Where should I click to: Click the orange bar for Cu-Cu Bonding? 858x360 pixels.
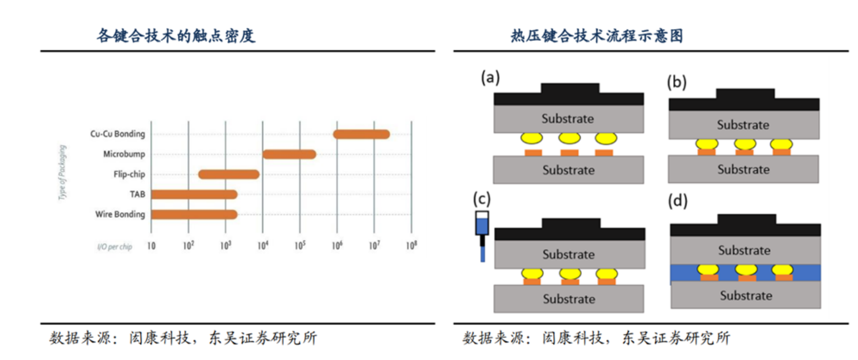click(x=361, y=134)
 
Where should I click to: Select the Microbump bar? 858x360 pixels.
click(x=289, y=154)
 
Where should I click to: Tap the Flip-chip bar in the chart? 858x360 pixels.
click(x=229, y=174)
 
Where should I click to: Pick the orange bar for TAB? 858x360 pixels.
click(x=194, y=195)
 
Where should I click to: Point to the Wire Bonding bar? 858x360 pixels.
click(x=194, y=214)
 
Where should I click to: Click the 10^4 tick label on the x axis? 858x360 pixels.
click(x=262, y=246)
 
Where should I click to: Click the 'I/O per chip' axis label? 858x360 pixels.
click(x=115, y=247)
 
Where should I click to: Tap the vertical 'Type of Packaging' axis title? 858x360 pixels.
click(x=63, y=173)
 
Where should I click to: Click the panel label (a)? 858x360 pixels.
click(x=490, y=77)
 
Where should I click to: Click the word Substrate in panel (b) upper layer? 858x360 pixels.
click(x=743, y=125)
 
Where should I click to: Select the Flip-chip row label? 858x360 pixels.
click(x=129, y=174)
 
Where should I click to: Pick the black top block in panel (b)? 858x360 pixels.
click(x=744, y=100)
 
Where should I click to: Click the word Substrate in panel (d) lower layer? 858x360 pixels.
click(x=745, y=296)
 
